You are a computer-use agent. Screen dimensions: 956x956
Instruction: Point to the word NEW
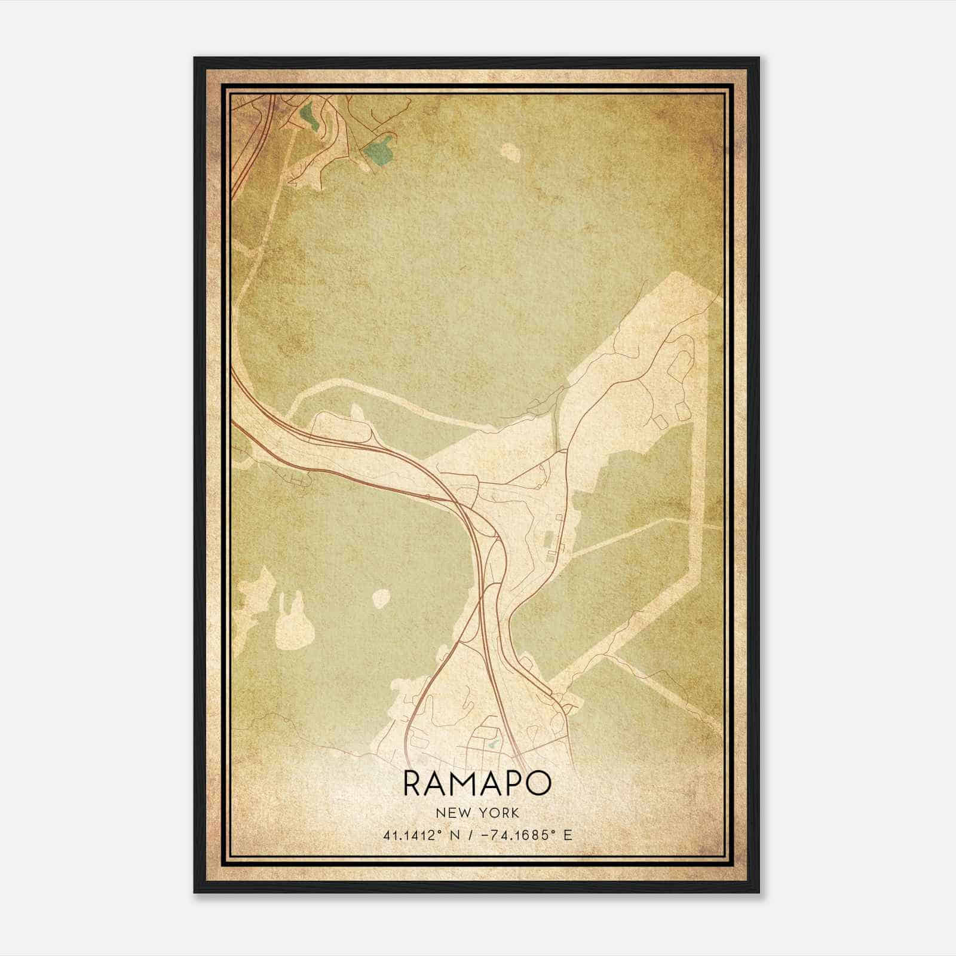tap(451, 813)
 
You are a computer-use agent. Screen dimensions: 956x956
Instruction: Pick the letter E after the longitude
tap(568, 835)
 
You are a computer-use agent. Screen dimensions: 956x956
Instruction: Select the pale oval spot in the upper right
tap(510, 152)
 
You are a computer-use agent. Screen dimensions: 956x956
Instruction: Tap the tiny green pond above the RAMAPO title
tap(493, 745)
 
